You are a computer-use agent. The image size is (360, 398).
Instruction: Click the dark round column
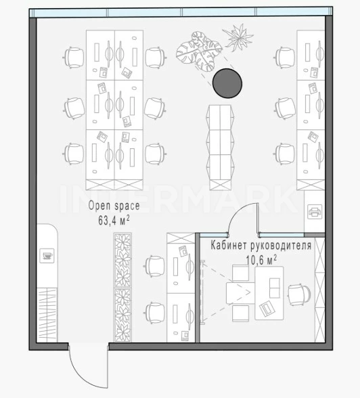pyautogui.click(x=227, y=83)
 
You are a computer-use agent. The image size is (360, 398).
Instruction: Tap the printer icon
pyautogui.click(x=315, y=212)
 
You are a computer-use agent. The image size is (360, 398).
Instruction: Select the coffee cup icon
pyautogui.click(x=47, y=256)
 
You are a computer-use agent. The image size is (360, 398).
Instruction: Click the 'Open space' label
pyautogui.click(x=114, y=206)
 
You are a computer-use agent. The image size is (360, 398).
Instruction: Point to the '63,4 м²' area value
pyautogui.click(x=114, y=221)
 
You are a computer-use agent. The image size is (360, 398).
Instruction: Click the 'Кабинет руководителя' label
pyautogui.click(x=261, y=246)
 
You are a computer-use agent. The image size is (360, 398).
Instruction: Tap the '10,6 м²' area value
pyautogui.click(x=261, y=260)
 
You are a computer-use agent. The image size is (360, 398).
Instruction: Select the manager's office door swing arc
pyautogui.click(x=238, y=212)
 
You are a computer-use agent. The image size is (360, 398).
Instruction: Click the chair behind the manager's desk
pyautogui.click(x=299, y=294)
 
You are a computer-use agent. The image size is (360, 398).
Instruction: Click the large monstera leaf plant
pyautogui.click(x=199, y=51)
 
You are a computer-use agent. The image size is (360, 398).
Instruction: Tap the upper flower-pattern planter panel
pyautogui.click(x=122, y=261)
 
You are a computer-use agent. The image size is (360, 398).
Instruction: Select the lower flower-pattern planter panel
pyautogui.click(x=122, y=315)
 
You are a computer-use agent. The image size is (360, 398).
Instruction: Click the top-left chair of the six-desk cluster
pyautogui.click(x=74, y=58)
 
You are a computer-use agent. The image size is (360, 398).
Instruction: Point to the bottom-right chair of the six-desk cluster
pyautogui.click(x=156, y=154)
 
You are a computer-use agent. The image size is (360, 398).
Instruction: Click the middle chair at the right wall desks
pyautogui.click(x=285, y=108)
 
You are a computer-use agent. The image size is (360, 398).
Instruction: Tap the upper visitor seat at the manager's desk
pyautogui.click(x=240, y=273)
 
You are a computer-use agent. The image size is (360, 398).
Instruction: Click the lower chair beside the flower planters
pyautogui.click(x=155, y=313)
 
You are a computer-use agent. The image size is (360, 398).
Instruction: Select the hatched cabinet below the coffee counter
pyautogui.click(x=47, y=315)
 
